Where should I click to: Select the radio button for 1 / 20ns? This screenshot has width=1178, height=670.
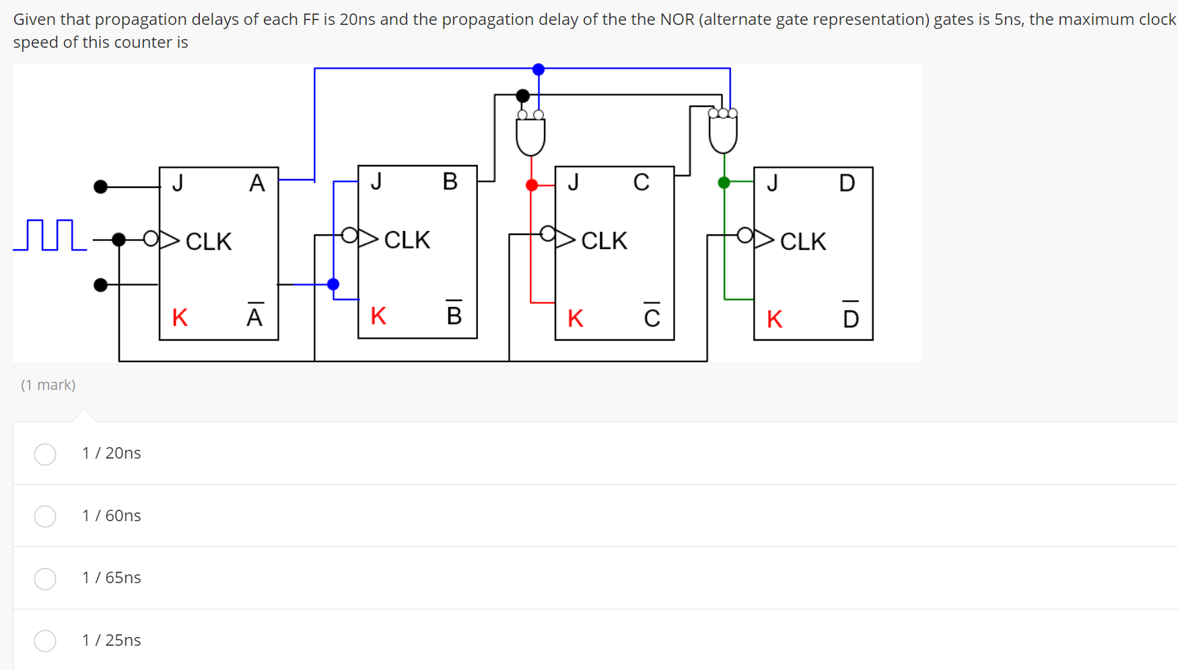(45, 454)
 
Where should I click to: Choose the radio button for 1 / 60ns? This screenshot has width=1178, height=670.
(45, 516)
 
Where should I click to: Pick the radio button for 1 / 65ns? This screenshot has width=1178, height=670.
(45, 578)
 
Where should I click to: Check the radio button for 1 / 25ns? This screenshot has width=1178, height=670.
(45, 640)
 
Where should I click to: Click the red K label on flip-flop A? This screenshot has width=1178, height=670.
(180, 318)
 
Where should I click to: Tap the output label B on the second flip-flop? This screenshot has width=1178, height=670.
(450, 182)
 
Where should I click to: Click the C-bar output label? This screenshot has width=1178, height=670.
(652, 316)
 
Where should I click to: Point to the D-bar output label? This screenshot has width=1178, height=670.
(851, 317)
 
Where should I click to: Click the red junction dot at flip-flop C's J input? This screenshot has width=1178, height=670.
(532, 185)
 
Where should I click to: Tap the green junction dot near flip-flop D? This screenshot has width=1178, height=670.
(724, 182)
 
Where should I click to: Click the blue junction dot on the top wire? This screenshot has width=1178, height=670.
(539, 69)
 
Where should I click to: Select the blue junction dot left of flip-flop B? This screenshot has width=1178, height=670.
(333, 284)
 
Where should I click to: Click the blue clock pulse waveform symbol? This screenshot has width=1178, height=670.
(50, 235)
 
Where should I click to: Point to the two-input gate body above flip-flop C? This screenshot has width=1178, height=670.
(530, 137)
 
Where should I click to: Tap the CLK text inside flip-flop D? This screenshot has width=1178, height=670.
(803, 241)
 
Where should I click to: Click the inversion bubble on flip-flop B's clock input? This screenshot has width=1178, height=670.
(349, 235)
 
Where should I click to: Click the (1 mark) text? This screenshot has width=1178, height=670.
(48, 385)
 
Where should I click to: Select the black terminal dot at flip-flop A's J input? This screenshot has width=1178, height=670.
(101, 187)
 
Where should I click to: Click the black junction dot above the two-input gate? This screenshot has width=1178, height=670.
(523, 96)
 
